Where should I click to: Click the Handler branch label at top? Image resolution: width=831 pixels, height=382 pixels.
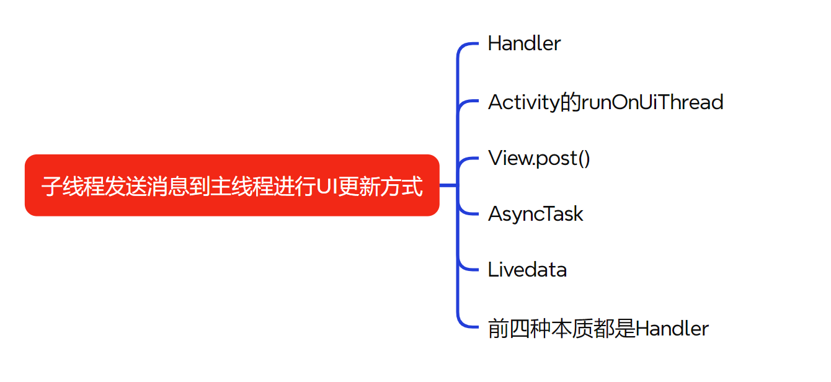coord(524,43)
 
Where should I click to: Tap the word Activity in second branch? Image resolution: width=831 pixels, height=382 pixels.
coord(523,102)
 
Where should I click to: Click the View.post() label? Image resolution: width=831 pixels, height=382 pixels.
coord(539,158)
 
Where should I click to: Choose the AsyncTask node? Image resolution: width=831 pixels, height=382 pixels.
coord(535,214)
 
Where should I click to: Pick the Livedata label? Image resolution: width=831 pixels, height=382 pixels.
coord(527,270)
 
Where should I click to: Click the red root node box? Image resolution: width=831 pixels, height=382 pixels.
coord(232,185)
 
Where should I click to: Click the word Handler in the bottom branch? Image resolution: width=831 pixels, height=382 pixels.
coord(672,329)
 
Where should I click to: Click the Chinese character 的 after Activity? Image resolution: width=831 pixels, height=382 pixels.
coord(570,102)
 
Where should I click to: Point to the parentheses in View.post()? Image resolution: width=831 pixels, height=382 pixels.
coord(584,158)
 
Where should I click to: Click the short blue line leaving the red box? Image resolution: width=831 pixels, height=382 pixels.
coord(448,185)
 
